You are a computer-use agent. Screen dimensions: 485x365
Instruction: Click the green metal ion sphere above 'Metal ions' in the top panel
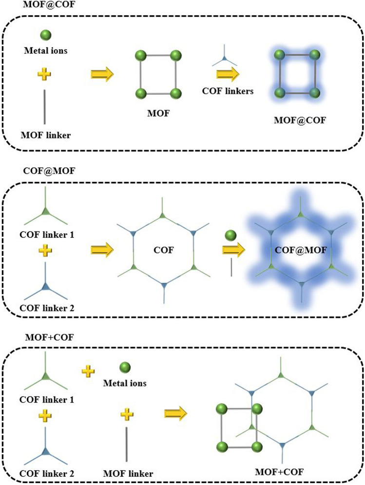(x=46, y=36)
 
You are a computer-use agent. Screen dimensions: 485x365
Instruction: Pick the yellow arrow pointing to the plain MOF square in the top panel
(x=102, y=74)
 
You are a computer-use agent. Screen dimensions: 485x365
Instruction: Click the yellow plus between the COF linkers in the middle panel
(x=44, y=251)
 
